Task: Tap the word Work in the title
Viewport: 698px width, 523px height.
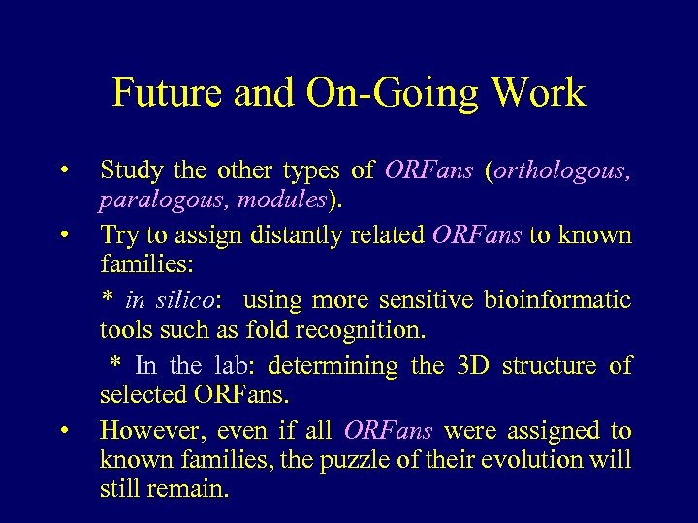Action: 538,93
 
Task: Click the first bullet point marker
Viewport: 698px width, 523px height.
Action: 63,171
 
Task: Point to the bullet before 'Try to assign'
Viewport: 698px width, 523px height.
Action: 63,235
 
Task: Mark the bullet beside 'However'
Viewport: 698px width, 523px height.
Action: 63,430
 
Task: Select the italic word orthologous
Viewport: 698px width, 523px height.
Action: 563,171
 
